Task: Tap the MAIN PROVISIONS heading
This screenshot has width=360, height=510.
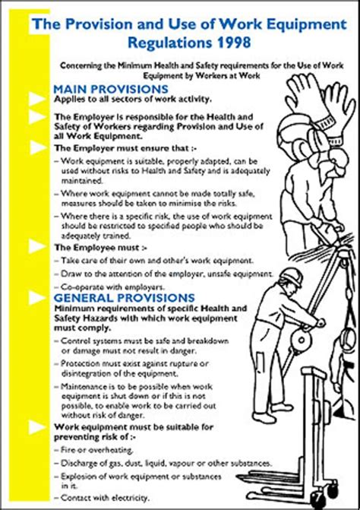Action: click(110, 89)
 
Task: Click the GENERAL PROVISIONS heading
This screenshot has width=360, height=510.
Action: click(124, 297)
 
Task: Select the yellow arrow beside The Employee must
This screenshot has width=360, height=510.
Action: click(37, 246)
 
